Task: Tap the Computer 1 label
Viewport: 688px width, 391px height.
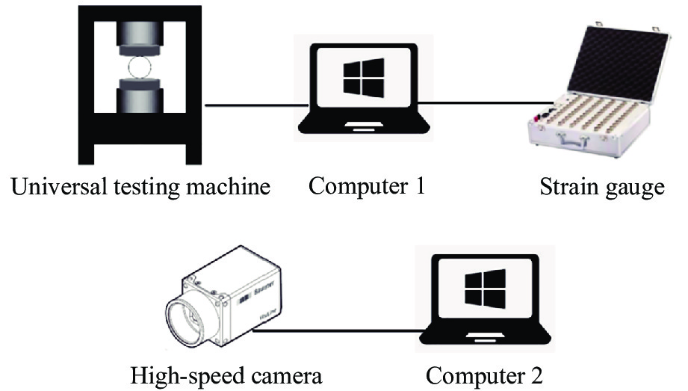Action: [x=367, y=185]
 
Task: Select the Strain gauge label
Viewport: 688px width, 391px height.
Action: [x=602, y=186]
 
